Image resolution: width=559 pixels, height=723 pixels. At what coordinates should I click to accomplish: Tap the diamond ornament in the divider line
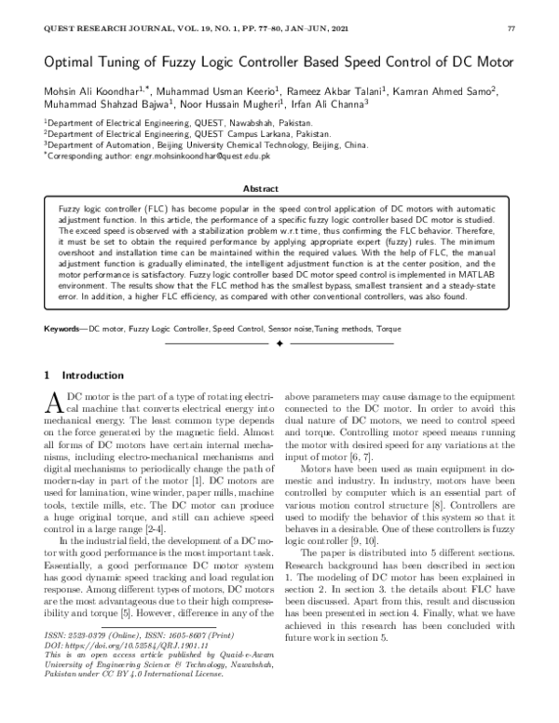(x=279, y=344)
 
